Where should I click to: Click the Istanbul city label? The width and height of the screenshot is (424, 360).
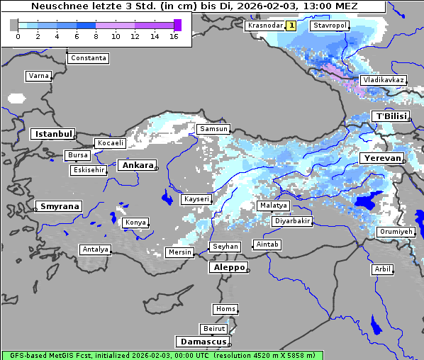(x=52, y=133)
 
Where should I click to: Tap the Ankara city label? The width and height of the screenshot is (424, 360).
(x=137, y=165)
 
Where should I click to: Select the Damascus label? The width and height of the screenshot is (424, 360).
(x=203, y=342)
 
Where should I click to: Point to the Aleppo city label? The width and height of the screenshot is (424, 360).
(x=228, y=268)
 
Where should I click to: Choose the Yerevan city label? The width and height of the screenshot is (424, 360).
(x=381, y=158)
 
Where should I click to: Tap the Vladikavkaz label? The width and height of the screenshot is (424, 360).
(x=383, y=81)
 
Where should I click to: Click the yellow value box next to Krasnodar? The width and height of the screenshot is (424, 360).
(x=291, y=26)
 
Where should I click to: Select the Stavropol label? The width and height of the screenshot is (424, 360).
(x=330, y=26)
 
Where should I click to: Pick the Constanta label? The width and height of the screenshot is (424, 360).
(x=89, y=58)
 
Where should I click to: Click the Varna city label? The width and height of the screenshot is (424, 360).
(x=38, y=76)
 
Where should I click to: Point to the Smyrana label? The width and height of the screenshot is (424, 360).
(x=59, y=206)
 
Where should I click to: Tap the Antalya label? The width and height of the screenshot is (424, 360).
(x=96, y=249)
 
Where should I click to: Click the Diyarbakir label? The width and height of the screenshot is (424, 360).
(x=291, y=221)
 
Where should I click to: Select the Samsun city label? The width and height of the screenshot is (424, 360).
(x=213, y=129)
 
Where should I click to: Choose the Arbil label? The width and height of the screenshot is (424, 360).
(x=382, y=269)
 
